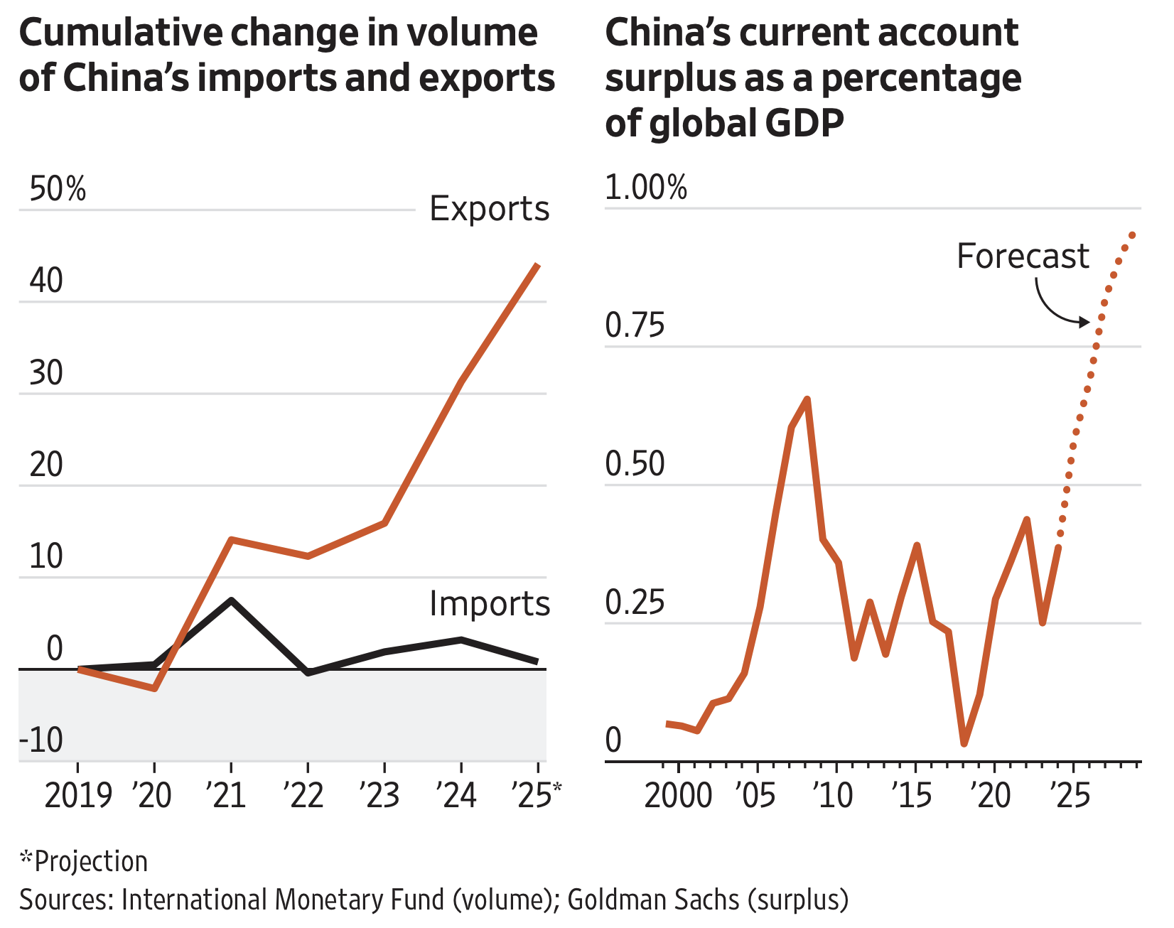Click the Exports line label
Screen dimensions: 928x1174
tap(490, 209)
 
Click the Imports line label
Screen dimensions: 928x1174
tap(490, 604)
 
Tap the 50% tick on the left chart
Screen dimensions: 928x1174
tap(58, 190)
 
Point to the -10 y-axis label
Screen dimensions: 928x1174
tap(41, 740)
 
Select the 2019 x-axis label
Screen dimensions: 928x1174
tap(78, 795)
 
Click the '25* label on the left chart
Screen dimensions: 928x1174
tap(537, 795)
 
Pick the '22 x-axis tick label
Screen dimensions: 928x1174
tap(304, 795)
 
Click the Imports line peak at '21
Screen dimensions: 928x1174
tap(231, 600)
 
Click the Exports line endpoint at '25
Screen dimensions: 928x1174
tap(538, 265)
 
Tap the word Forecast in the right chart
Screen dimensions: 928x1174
tap(1023, 256)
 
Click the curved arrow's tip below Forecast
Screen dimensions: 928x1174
tap(1087, 322)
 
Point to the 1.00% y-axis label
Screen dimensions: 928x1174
tap(646, 188)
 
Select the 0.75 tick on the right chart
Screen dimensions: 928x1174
tap(635, 326)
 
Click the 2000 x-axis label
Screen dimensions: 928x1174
tap(678, 795)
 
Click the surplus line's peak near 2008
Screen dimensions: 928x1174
tap(807, 399)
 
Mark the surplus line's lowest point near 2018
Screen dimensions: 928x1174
tap(964, 743)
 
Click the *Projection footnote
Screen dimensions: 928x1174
tap(84, 861)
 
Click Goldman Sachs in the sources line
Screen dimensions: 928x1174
tap(653, 900)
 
